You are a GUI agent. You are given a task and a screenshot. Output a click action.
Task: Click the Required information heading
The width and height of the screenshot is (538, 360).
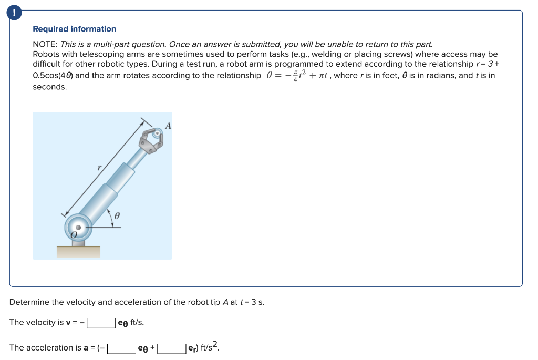click(74, 29)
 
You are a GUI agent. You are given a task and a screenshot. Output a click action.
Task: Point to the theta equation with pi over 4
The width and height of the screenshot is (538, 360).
click(297, 75)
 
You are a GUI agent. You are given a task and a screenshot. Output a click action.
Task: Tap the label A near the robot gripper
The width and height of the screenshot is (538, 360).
click(168, 126)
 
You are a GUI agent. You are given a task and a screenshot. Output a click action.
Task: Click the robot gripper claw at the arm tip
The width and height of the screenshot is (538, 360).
click(152, 139)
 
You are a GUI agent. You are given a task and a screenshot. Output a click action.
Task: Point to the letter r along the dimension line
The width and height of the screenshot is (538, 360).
click(99, 167)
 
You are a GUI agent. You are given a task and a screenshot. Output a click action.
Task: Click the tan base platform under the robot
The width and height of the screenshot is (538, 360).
click(78, 252)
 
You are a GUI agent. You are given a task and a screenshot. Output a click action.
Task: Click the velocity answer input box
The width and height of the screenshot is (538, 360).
click(101, 322)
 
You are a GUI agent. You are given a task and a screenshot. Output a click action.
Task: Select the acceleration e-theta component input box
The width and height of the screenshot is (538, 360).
click(122, 348)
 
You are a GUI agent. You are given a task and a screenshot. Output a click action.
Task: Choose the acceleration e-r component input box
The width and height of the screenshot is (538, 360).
click(172, 348)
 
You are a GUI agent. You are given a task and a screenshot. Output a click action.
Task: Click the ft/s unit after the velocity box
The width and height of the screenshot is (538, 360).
click(137, 322)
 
